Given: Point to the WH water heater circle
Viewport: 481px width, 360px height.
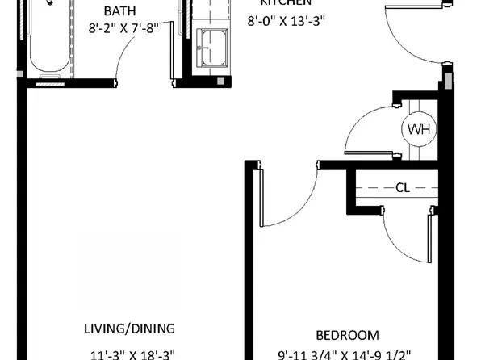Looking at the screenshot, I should tap(418, 129).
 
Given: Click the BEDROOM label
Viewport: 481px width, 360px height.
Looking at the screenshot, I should tap(347, 334).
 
